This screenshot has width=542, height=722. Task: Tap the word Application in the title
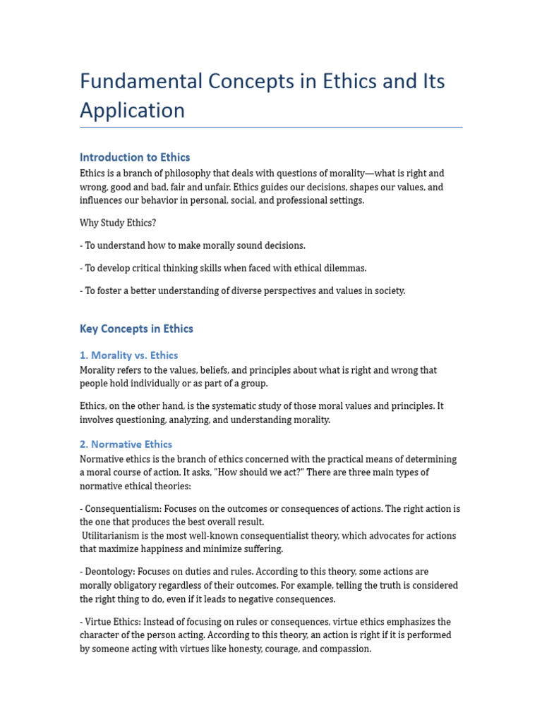point(132,110)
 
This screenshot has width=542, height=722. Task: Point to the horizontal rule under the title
point(271,128)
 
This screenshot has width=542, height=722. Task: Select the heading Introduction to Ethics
point(135,157)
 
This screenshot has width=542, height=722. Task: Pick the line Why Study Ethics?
point(118,223)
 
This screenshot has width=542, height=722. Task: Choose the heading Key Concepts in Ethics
point(136,329)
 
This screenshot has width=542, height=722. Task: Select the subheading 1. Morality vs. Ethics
point(128,355)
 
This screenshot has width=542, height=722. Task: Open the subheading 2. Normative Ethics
point(126,444)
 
